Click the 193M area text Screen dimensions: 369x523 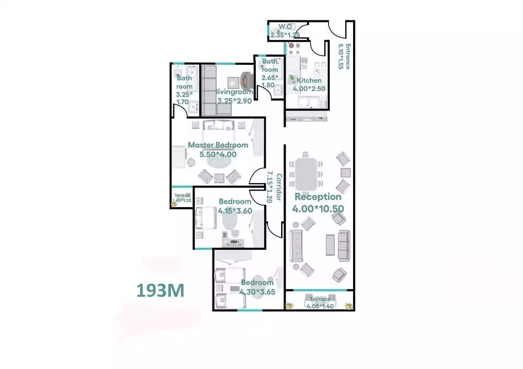(x=160, y=290)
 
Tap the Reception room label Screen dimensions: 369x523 (x=318, y=197)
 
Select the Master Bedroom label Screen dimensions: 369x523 (x=218, y=145)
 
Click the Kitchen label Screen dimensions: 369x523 (x=309, y=81)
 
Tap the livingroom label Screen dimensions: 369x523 (x=235, y=92)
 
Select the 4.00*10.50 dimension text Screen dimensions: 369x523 (x=318, y=209)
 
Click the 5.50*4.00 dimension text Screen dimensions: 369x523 (x=218, y=154)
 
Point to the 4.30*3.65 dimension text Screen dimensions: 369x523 (x=257, y=292)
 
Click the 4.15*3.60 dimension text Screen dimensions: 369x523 (x=235, y=211)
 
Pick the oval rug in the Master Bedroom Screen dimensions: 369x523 (x=217, y=162)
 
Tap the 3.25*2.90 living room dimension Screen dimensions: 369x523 (x=235, y=101)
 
